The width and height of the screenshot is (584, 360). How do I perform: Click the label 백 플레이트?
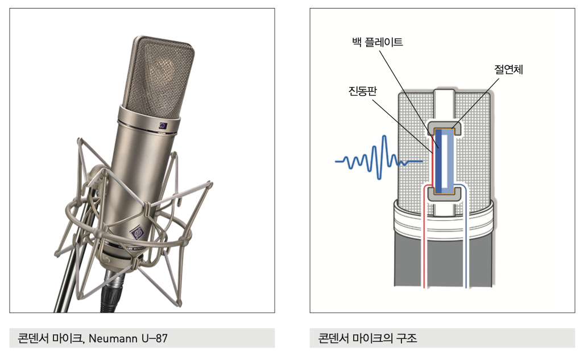click(x=377, y=42)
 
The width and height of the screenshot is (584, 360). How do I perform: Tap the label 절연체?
click(x=508, y=69)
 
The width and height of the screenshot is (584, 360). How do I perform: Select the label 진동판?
click(x=362, y=90)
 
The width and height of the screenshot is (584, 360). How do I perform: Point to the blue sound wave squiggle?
click(x=379, y=158)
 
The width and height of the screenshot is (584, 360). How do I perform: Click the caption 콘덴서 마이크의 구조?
click(x=367, y=338)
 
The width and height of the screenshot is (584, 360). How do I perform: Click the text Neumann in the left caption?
click(x=113, y=338)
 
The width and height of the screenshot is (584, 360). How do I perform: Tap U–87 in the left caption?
click(x=155, y=338)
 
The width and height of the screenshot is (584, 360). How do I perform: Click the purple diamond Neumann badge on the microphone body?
click(x=136, y=233)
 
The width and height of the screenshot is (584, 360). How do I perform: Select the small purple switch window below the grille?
click(x=163, y=126)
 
